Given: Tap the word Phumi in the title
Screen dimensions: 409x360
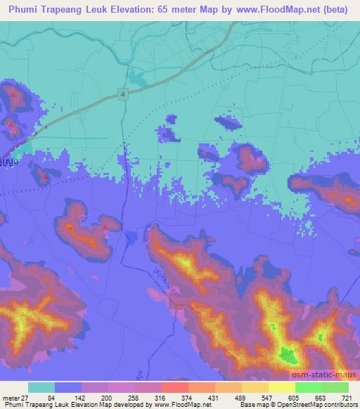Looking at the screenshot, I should point(27,8).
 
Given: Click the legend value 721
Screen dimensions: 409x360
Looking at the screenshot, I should point(349,397).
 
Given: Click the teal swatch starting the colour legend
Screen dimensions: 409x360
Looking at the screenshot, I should point(41,387).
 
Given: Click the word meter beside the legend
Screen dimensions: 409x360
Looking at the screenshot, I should point(11,397).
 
